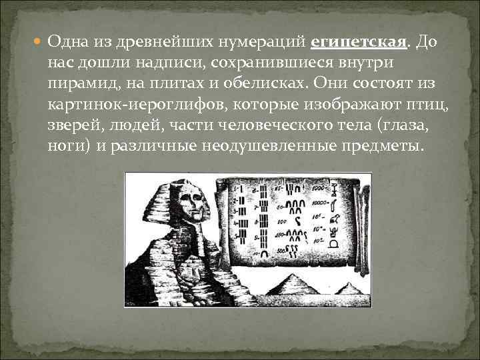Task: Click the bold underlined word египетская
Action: (x=359, y=43)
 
